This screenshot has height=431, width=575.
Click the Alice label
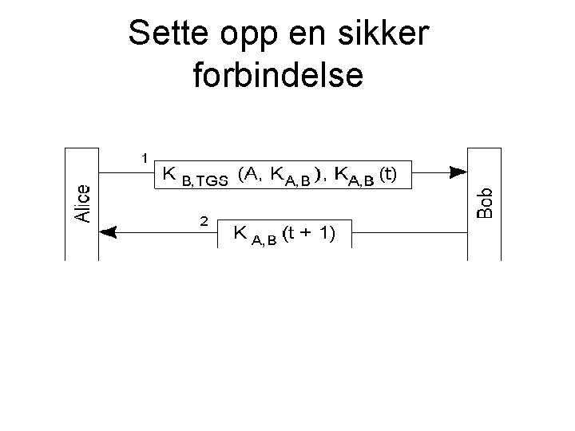coord(82,204)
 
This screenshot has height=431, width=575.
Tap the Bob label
coord(485,203)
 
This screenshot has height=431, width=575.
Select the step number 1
coord(145,158)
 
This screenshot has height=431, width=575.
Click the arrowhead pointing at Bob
coord(457,171)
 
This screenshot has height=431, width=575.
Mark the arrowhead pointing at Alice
coord(109,231)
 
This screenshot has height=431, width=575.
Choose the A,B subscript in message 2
coord(264,241)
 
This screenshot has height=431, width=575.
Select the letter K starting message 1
coord(170,174)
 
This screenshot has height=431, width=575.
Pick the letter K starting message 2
coord(240,233)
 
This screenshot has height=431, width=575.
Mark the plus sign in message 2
coord(307,234)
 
